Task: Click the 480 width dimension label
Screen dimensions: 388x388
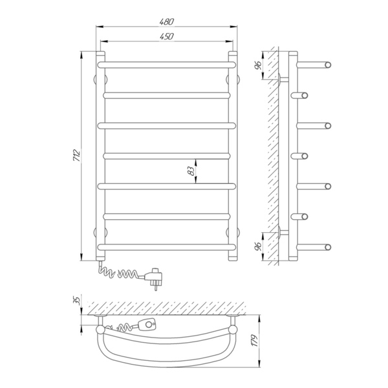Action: coord(167,22)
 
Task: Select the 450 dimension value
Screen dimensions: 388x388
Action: coord(167,37)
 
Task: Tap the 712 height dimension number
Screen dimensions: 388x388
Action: coord(77,156)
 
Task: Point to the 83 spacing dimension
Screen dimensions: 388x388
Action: coord(191,171)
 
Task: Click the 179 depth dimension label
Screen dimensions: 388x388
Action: coord(255,341)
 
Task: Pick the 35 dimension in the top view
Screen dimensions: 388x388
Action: coord(77,300)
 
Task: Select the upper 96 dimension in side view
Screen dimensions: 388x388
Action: coord(258,65)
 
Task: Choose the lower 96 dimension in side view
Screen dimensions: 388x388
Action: coord(258,246)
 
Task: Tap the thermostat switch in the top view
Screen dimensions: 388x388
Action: coord(147,324)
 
